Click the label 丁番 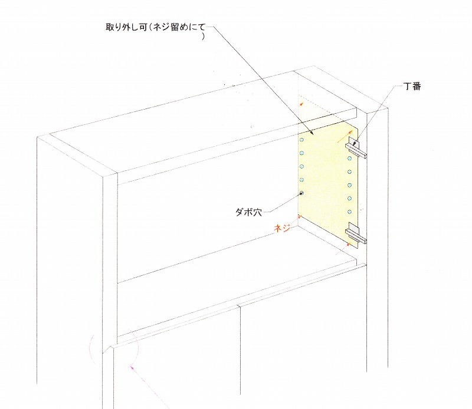[412, 86]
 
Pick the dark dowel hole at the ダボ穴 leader [301, 193]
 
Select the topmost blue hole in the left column [301, 140]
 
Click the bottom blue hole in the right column [349, 212]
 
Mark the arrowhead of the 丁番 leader [355, 143]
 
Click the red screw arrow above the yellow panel [301, 104]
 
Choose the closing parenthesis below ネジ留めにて [202, 37]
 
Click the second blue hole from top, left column [301, 153]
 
